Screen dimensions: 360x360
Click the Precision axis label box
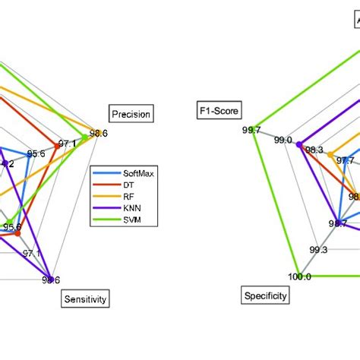(x=131, y=114)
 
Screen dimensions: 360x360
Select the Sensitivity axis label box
(x=84, y=299)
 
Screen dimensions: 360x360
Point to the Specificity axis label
(x=265, y=295)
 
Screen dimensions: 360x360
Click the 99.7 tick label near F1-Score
(x=251, y=130)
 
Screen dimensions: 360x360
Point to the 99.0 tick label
(x=284, y=141)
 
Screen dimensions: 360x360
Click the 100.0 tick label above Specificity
(x=299, y=276)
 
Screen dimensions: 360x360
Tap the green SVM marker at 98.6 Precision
(x=96, y=133)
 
